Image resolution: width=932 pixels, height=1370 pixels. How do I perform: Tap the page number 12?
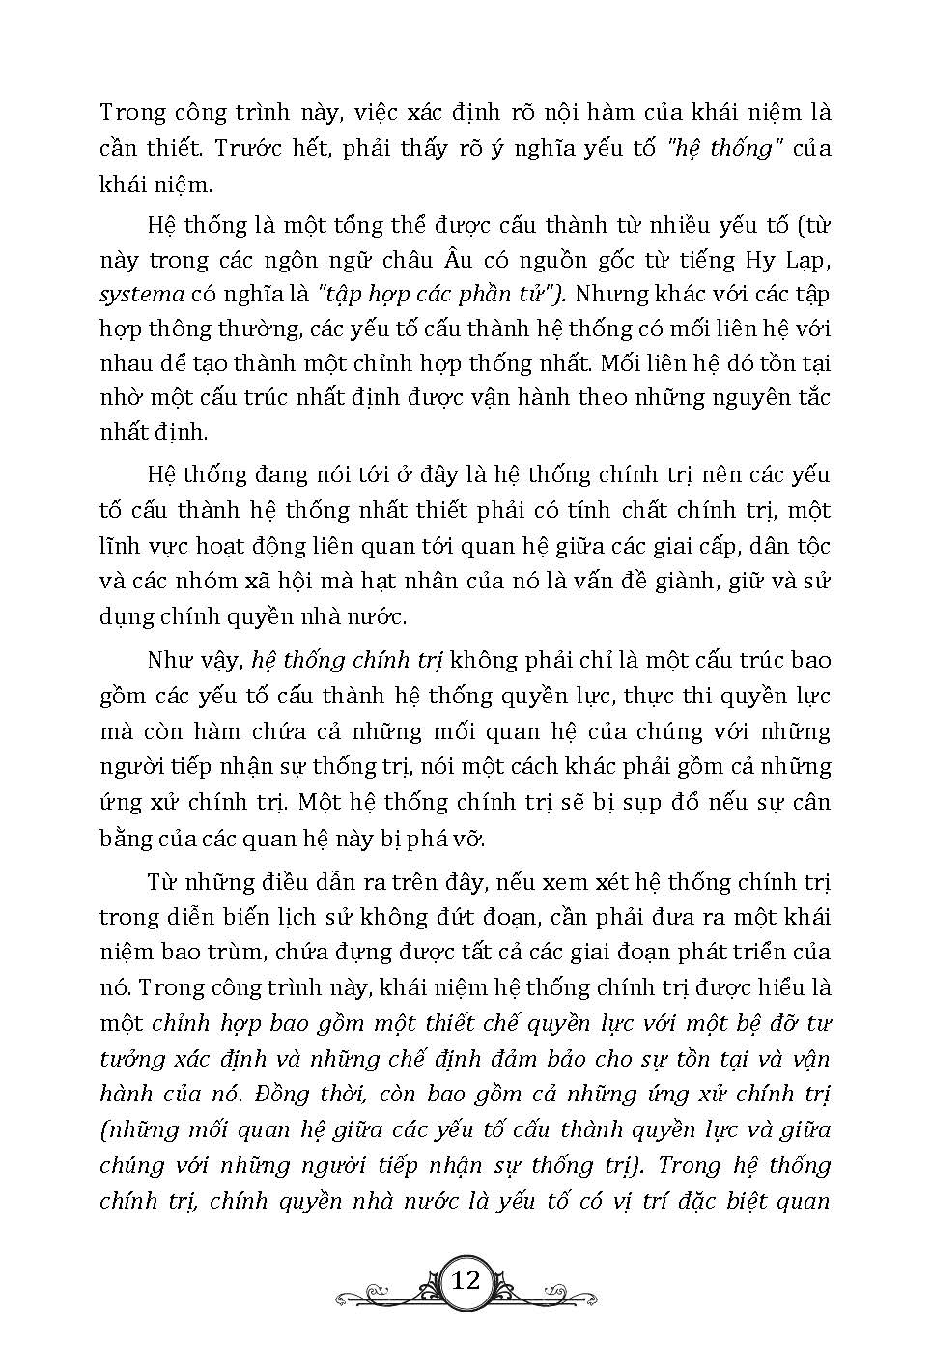(x=466, y=1281)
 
